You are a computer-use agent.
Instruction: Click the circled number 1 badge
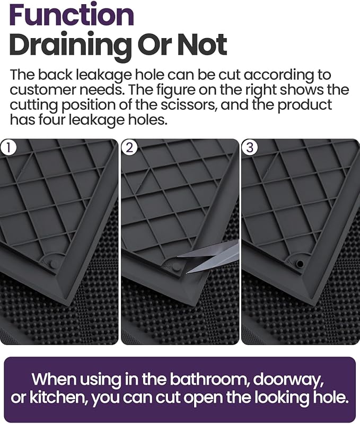pyautogui.click(x=8, y=148)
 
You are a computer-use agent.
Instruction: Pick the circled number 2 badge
pyautogui.click(x=128, y=148)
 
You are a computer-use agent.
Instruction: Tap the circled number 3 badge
pyautogui.click(x=249, y=148)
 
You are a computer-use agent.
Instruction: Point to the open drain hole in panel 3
pyautogui.click(x=300, y=263)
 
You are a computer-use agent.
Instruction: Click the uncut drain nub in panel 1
pyautogui.click(x=54, y=263)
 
